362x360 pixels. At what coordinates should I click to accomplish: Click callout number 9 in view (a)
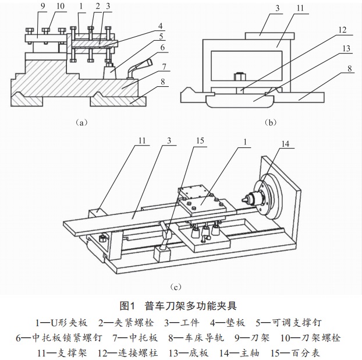point(42,6)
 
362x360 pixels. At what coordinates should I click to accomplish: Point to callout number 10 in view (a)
point(61,6)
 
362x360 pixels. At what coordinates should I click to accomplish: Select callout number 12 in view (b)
point(342,30)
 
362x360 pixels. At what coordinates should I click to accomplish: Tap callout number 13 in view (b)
point(346,48)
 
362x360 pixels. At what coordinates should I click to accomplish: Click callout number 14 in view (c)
point(285,144)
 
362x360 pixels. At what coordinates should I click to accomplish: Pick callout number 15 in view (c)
point(200,140)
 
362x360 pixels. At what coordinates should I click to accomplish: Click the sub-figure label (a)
point(81,122)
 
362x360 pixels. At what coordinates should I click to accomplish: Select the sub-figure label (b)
point(271,122)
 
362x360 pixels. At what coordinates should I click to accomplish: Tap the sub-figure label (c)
point(175,287)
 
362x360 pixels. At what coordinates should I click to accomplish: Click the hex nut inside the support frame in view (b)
point(239,77)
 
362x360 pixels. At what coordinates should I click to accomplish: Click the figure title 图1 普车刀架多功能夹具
point(178,306)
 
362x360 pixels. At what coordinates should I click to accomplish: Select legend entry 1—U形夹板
point(62,323)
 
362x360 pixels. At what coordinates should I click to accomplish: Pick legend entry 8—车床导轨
point(196,338)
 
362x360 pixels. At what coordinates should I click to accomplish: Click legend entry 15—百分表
point(295,353)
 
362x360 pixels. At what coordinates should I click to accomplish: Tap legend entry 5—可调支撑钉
point(289,323)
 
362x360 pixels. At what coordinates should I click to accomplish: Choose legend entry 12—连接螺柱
point(127,353)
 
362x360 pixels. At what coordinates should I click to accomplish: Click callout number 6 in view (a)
point(162,48)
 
